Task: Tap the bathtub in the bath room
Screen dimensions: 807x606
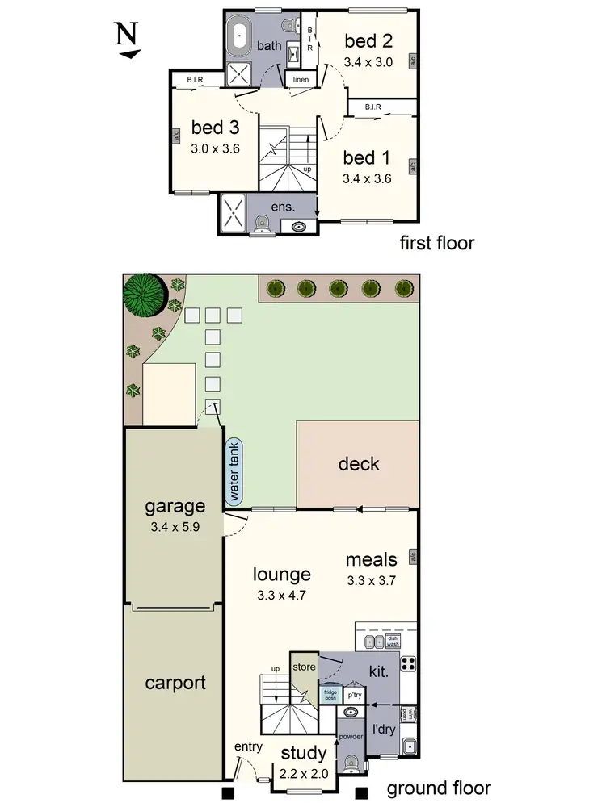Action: (240, 36)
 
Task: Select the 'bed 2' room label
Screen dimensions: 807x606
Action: (368, 40)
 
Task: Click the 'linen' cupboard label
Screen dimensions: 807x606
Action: (301, 79)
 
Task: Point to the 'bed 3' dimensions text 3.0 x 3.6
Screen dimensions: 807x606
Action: (215, 148)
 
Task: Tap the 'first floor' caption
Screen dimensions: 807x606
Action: (437, 243)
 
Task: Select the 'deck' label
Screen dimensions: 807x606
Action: (358, 465)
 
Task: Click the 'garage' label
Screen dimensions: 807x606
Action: (174, 507)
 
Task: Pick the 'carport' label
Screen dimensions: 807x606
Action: (175, 683)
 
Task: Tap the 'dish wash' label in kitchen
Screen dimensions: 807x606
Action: (393, 642)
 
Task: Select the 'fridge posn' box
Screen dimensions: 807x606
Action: (330, 694)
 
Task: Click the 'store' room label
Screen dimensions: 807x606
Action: (303, 667)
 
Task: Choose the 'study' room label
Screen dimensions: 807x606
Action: (303, 754)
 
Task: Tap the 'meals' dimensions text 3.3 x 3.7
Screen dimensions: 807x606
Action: (371, 579)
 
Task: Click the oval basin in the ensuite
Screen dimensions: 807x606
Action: (301, 227)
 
